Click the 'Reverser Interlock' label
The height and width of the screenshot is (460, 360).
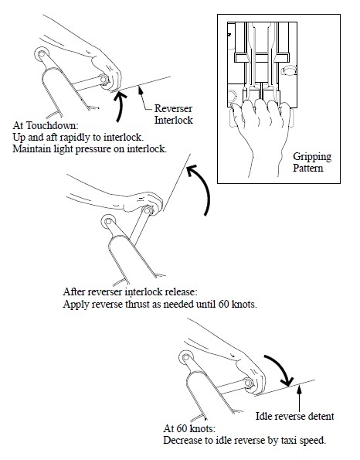pos(174,114)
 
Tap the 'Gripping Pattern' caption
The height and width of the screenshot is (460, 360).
pos(312,162)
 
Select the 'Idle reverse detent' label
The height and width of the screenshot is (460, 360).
pos(294,416)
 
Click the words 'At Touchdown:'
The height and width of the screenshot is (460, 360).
pos(46,125)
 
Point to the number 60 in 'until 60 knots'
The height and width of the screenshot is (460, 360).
pos(224,304)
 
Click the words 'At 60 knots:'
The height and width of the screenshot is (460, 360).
pos(189,428)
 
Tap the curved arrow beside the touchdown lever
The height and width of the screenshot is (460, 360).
pos(121,106)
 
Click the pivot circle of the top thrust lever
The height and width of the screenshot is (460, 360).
pos(41,54)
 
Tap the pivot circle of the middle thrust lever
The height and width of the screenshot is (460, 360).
pos(108,221)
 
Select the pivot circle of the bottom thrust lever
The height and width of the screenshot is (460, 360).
pos(185,357)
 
